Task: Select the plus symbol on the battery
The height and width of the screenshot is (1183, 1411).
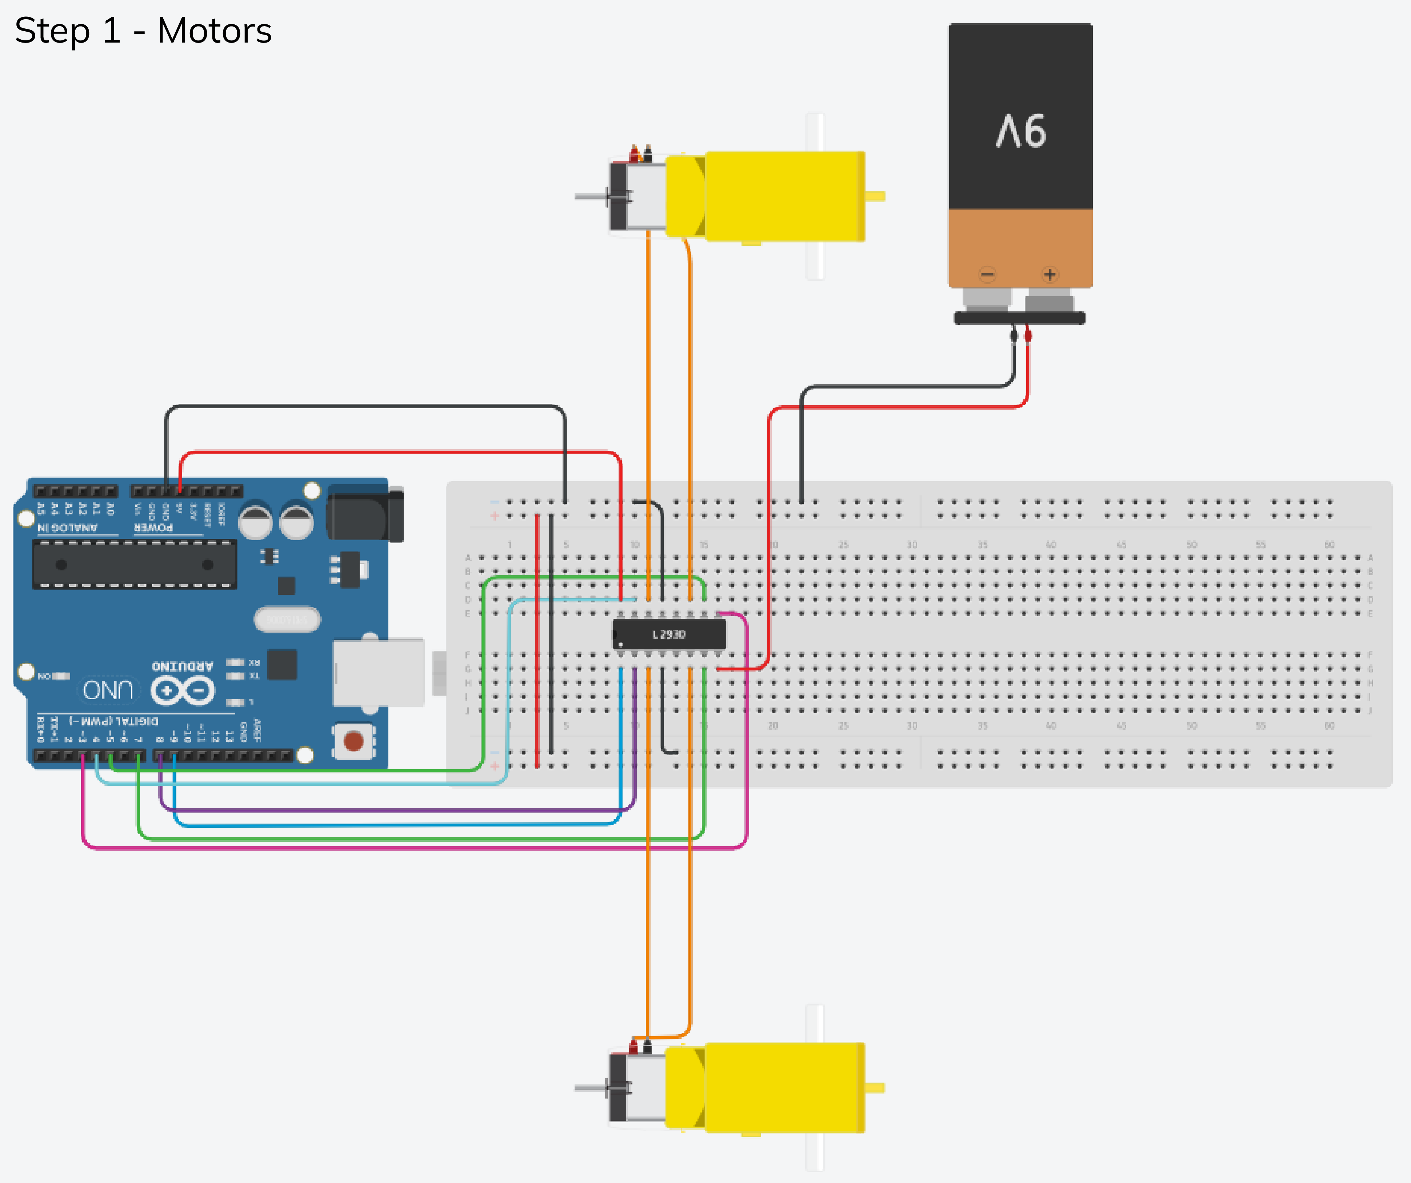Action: click(x=1050, y=274)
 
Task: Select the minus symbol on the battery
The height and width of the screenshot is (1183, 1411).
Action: click(x=987, y=274)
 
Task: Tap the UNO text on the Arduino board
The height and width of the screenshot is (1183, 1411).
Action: click(x=108, y=690)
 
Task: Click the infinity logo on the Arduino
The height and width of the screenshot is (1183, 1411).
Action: click(x=183, y=690)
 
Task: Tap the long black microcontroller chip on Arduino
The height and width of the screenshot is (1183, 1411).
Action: click(x=135, y=565)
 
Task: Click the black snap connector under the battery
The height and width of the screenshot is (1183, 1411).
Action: click(x=1019, y=318)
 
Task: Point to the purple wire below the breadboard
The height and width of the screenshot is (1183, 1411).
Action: click(x=403, y=810)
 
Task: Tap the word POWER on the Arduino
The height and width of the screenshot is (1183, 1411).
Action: click(x=153, y=527)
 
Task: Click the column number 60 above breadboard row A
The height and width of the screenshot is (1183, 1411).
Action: click(x=1329, y=545)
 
